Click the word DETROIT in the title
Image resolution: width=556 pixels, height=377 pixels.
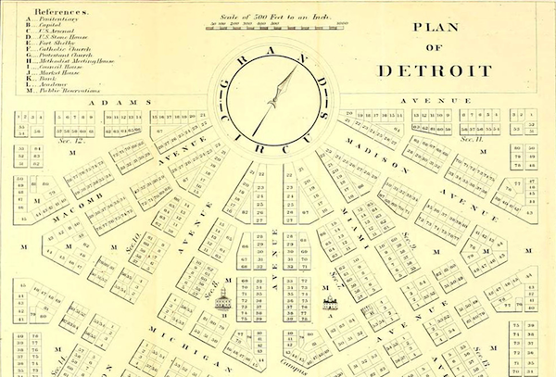436,69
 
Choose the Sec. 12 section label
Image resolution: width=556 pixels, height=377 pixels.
70,139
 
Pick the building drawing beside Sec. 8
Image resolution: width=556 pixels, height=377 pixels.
222,299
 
